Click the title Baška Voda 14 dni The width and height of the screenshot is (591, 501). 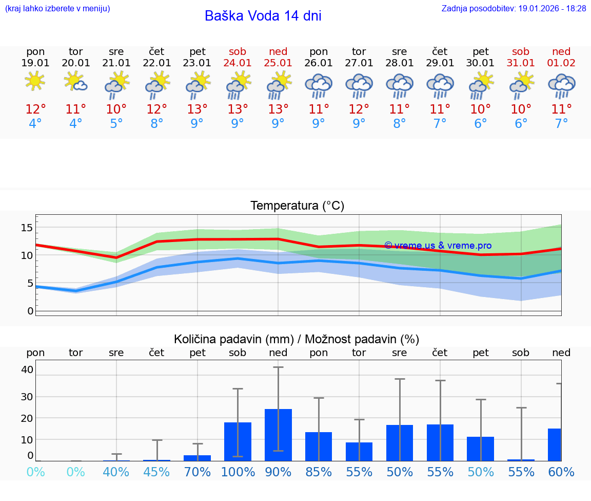263,16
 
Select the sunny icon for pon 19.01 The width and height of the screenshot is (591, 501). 35,81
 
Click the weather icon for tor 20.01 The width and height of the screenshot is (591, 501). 75,81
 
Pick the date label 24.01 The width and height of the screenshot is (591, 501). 238,63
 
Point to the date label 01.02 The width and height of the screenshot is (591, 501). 561,63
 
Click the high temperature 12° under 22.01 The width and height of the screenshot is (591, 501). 156,109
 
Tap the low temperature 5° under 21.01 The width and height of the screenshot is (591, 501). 116,124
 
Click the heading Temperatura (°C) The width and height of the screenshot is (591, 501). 297,206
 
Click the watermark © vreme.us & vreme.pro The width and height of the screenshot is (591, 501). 438,246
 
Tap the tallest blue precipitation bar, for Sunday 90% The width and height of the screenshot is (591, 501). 278,435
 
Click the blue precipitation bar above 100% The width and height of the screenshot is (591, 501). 238,441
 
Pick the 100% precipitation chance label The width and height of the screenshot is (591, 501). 238,472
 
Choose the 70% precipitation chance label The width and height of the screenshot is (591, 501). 198,472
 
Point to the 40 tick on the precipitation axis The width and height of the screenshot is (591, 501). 27,369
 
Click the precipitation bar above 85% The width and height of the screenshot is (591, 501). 319,446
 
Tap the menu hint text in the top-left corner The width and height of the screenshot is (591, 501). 57,9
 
